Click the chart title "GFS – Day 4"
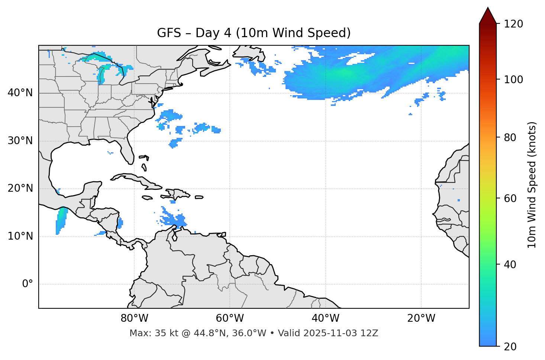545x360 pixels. (x=254, y=33)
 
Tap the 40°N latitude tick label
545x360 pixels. (x=20, y=93)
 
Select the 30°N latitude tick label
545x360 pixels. (x=20, y=141)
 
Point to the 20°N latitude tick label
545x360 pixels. (x=20, y=188)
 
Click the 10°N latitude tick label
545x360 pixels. (x=20, y=236)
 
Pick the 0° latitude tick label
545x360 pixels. (x=28, y=284)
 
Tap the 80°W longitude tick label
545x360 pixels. (x=134, y=318)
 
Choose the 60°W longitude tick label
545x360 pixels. (x=230, y=318)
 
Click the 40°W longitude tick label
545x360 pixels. (x=325, y=318)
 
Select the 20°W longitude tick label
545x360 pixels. (x=421, y=318)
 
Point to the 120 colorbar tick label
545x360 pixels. (x=513, y=24)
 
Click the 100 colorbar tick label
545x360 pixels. (x=513, y=80)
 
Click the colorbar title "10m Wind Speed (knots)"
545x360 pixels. (x=532, y=185)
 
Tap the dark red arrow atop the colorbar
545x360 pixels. (x=488, y=16)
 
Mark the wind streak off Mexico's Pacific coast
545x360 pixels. (x=61, y=221)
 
